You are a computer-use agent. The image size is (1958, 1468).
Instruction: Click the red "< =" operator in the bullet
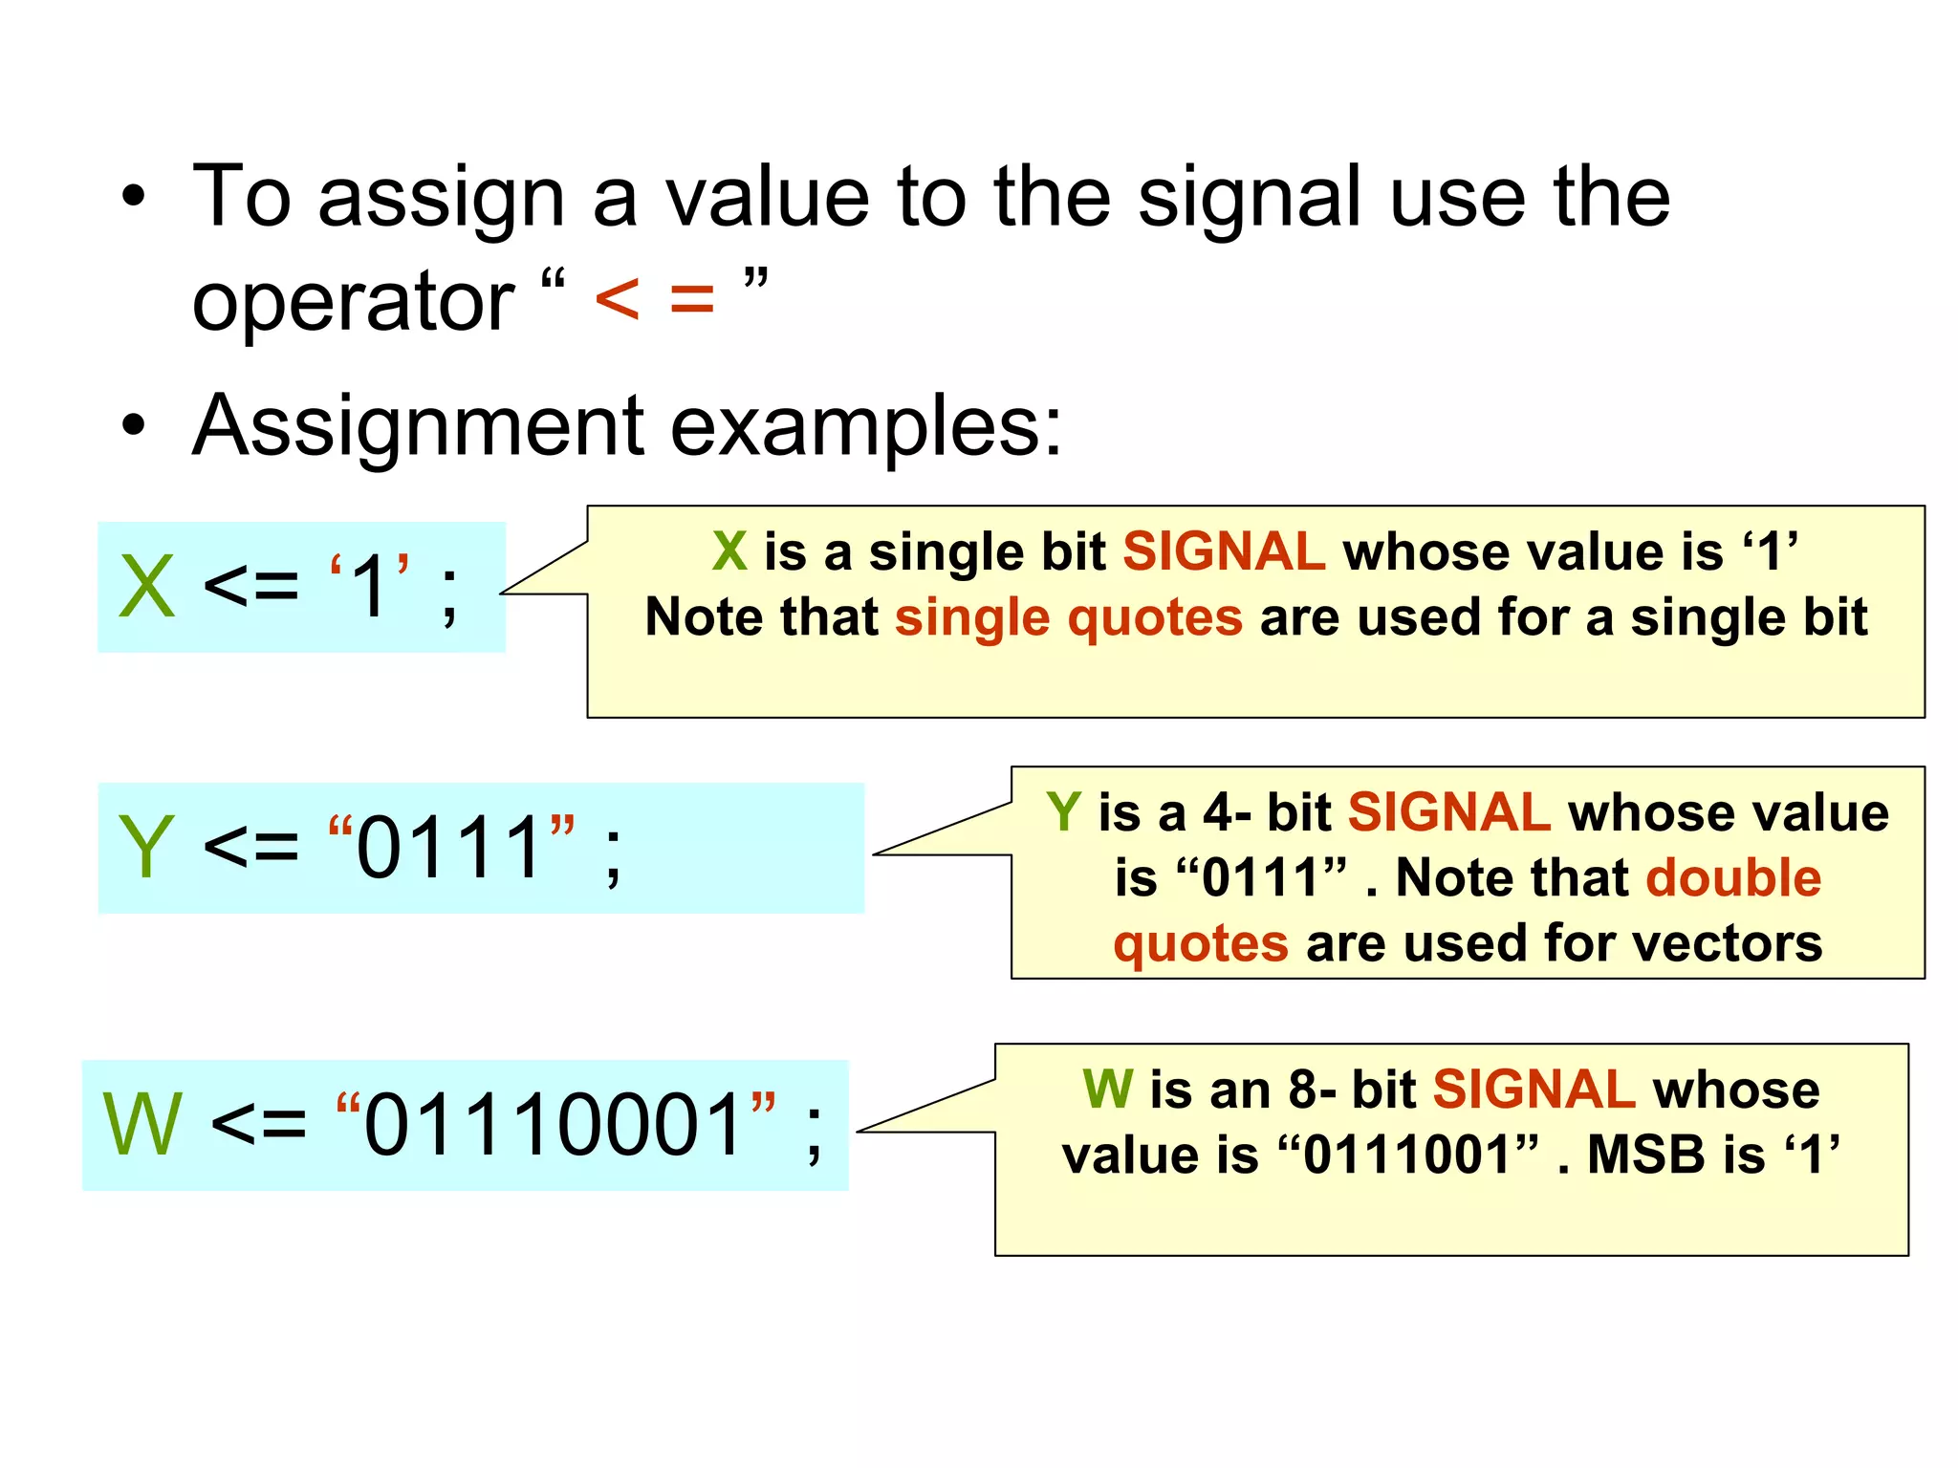[654, 299]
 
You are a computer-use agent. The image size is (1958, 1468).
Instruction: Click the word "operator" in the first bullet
[353, 303]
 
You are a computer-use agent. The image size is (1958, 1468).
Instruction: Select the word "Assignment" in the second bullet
[419, 427]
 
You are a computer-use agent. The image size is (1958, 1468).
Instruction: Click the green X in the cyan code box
[147, 587]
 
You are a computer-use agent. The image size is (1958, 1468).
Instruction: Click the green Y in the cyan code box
[145, 848]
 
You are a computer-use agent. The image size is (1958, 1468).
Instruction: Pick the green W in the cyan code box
[141, 1125]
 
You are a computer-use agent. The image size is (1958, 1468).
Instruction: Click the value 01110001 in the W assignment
[555, 1125]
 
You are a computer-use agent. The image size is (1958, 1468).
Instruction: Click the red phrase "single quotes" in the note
[1068, 617]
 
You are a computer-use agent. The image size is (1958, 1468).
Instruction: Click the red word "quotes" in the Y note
[1200, 943]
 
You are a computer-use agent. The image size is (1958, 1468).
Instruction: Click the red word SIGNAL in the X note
[1224, 551]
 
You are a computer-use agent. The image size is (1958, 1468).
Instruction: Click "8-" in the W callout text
[1312, 1090]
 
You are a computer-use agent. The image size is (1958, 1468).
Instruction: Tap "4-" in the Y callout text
[1227, 812]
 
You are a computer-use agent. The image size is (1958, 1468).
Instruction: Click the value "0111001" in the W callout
[1407, 1155]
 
